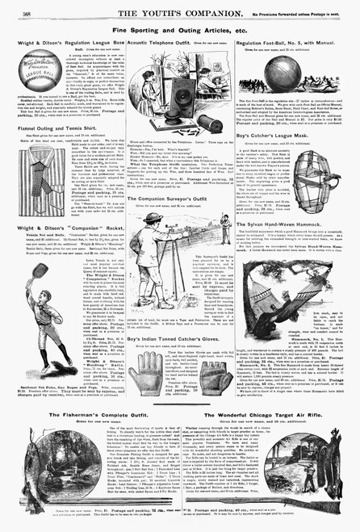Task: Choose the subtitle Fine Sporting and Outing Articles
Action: click(x=179, y=27)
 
